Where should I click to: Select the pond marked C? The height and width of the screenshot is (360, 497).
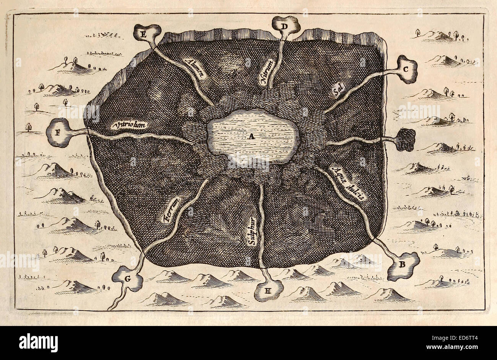coord(406,70)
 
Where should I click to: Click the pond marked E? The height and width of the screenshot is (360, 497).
coord(145,34)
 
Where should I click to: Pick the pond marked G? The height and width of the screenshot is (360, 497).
coord(128,279)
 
